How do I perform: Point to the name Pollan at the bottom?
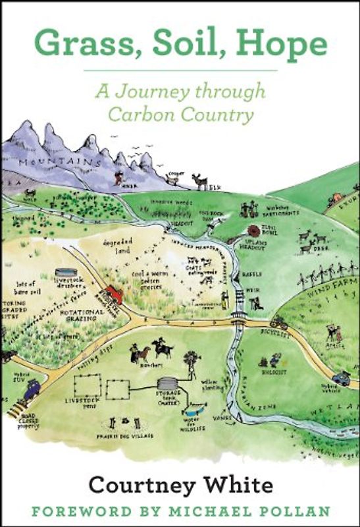[299, 512]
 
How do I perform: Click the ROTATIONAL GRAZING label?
[84, 315]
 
